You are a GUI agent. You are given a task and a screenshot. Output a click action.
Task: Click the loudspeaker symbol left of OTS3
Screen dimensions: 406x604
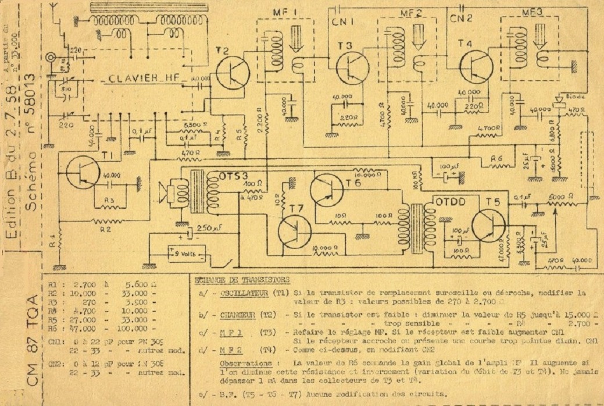click(173, 193)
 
